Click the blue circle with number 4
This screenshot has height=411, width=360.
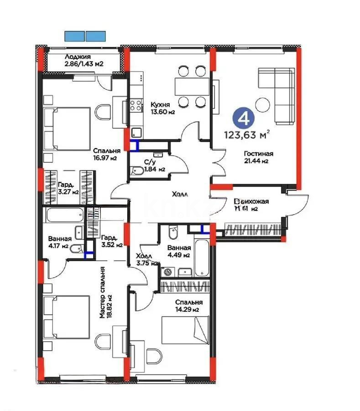244,118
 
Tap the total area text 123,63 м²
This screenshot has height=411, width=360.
246,134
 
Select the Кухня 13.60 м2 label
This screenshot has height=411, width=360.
163,108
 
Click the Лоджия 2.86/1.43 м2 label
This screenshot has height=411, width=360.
83,60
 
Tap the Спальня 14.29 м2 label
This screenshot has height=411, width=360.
188,306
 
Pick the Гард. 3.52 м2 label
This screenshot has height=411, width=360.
111,241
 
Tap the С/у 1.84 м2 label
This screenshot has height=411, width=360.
150,165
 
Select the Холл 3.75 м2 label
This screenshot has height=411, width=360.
146,260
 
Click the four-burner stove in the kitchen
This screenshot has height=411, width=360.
136,106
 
